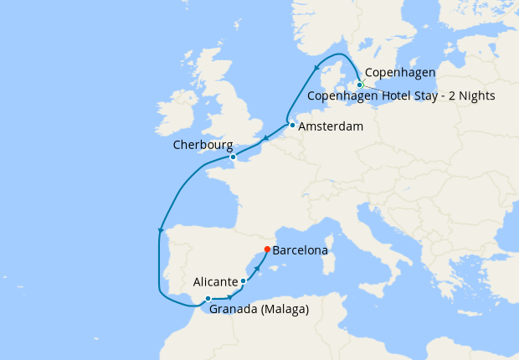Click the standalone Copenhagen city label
(399, 74)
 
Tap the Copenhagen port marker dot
(360, 85)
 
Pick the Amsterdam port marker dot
(292, 126)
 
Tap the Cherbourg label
(203, 145)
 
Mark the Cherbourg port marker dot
(233, 157)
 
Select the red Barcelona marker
(267, 249)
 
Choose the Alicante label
(215, 281)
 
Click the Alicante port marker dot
(244, 281)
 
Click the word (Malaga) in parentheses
(284, 310)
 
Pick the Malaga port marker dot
(208, 299)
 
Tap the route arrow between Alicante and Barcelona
(256, 268)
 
